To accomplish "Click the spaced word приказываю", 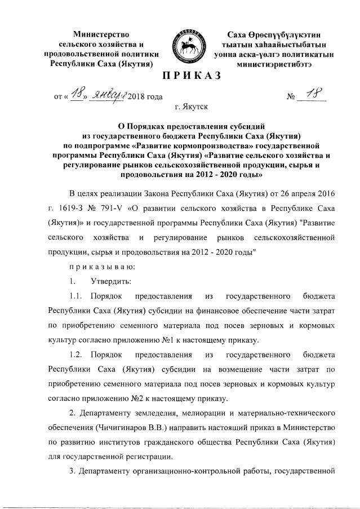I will click(x=93, y=265).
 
